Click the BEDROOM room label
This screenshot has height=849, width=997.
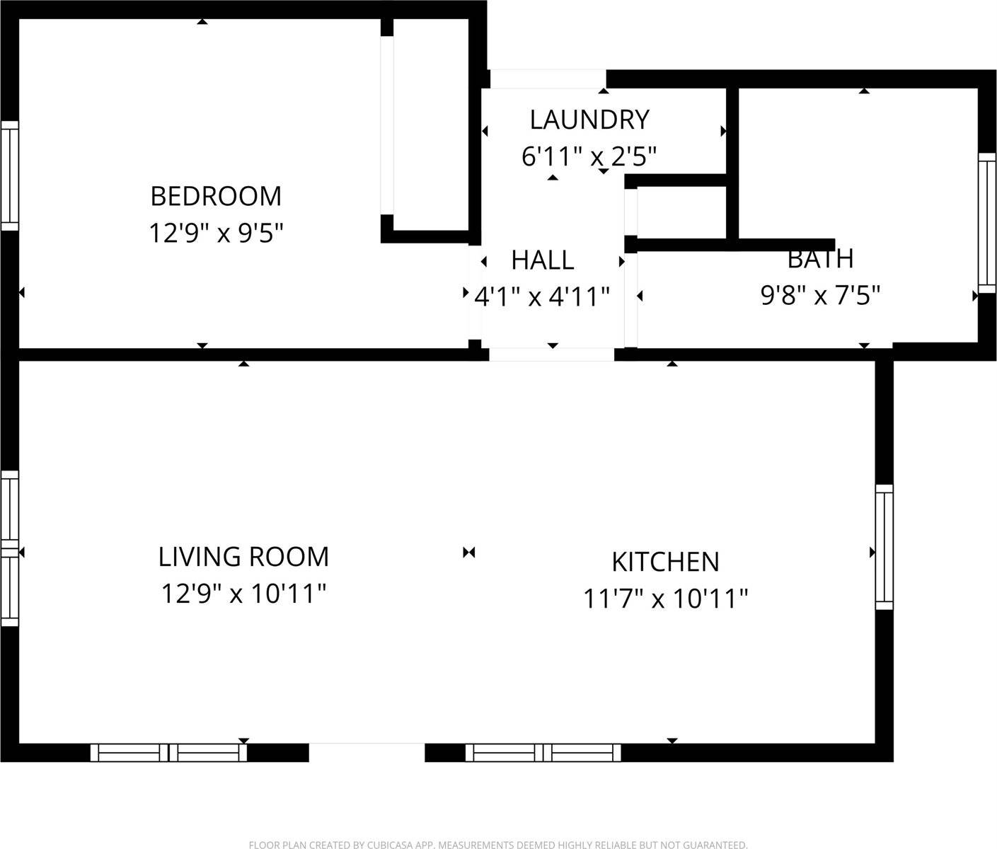pyautogui.click(x=216, y=196)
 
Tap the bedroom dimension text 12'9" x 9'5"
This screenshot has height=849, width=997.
pyautogui.click(x=216, y=233)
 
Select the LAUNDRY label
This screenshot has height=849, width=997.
pyautogui.click(x=589, y=120)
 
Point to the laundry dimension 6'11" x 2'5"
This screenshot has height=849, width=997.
pyautogui.click(x=589, y=156)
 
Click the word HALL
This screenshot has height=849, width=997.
pyautogui.click(x=543, y=260)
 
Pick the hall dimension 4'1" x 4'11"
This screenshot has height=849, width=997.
pyautogui.click(x=542, y=296)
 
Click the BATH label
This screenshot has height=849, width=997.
pyautogui.click(x=820, y=259)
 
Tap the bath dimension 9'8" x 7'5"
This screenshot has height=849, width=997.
pyautogui.click(x=820, y=295)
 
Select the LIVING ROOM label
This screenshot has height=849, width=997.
pyautogui.click(x=243, y=557)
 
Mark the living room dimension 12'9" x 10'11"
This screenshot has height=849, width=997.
pyautogui.click(x=243, y=594)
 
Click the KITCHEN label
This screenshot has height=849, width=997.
pyautogui.click(x=665, y=562)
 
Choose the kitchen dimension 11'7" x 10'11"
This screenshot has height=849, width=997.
pyautogui.click(x=665, y=599)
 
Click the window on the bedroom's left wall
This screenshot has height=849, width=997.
pyautogui.click(x=9, y=175)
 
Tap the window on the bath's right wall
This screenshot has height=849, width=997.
pyautogui.click(x=987, y=222)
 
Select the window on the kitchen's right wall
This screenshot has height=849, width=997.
pyautogui.click(x=884, y=547)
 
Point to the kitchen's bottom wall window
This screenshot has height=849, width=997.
pyautogui.click(x=543, y=753)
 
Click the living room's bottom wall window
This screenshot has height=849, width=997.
pyautogui.click(x=168, y=753)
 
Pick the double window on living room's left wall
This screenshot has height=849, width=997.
pyautogui.click(x=9, y=548)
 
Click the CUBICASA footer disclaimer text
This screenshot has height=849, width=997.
pyautogui.click(x=498, y=844)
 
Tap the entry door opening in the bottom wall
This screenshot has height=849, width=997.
pyautogui.click(x=367, y=751)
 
